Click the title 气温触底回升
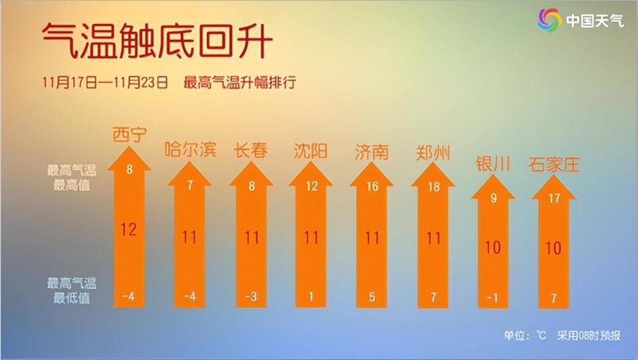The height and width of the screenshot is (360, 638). click(157, 40)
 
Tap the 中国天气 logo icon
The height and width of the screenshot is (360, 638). click(550, 20)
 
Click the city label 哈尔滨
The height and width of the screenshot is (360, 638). click(190, 151)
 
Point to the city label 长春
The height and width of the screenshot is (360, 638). click(251, 151)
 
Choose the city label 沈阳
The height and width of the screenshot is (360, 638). click(311, 151)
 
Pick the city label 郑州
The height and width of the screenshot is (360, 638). click(433, 153)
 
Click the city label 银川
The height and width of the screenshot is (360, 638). click(492, 164)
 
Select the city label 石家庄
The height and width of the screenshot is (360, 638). click(554, 164)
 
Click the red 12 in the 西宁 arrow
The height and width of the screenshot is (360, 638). click(129, 230)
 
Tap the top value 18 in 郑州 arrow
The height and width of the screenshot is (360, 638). click(433, 187)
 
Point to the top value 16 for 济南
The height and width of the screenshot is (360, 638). click(372, 187)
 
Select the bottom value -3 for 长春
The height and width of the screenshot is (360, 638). click(251, 296)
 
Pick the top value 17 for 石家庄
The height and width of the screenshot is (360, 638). click(554, 198)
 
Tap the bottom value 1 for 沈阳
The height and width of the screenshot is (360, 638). click(312, 296)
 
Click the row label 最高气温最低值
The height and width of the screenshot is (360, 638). click(72, 291)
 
